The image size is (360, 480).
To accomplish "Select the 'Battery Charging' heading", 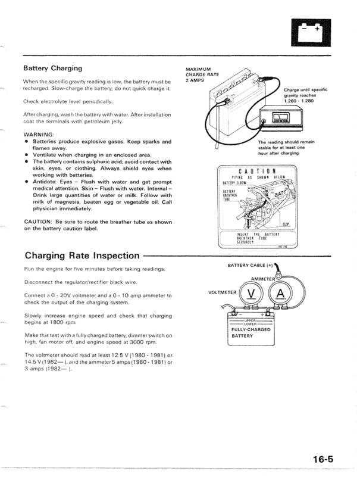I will click(x=52, y=68).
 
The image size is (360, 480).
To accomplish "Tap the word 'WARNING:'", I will click(x=39, y=135).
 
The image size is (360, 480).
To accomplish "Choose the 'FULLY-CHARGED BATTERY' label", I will click(x=251, y=332).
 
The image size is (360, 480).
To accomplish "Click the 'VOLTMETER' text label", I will click(x=223, y=292).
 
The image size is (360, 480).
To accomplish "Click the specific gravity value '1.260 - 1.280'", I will click(x=298, y=101).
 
